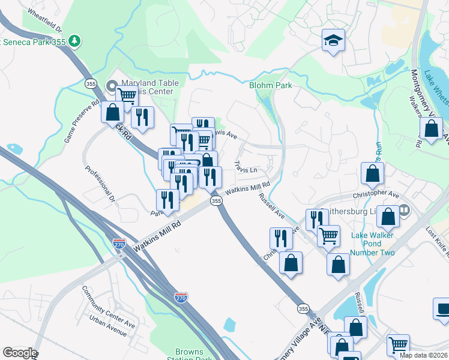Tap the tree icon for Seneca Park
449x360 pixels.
tap(74, 41)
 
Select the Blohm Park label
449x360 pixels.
tap(271, 85)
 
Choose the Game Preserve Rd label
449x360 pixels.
tap(82, 120)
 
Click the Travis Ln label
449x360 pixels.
tap(246, 166)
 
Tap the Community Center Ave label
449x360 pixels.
tap(109, 308)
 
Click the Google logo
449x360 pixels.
tap(19, 353)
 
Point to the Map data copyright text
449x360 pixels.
tap(423, 355)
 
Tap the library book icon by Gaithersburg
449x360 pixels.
tap(404, 211)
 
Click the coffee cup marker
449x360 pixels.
tap(442, 308)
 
